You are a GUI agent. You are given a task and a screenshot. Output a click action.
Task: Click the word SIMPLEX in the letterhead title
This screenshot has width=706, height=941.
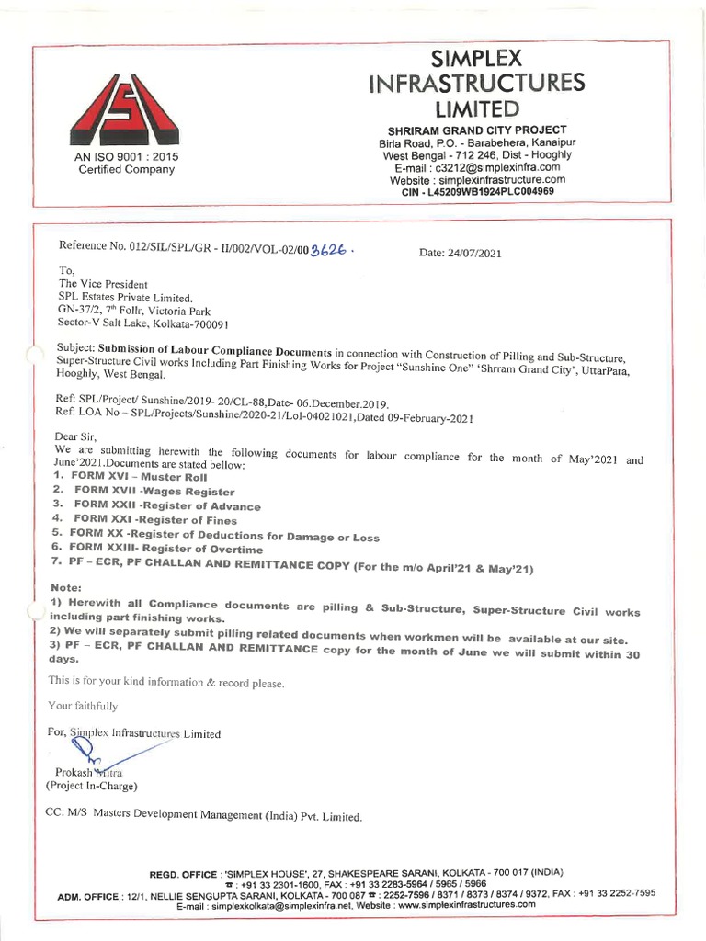[475, 59]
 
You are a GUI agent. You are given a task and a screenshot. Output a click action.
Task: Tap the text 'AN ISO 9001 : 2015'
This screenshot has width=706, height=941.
[127, 157]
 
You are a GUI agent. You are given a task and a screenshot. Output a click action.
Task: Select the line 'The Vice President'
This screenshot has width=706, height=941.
[103, 284]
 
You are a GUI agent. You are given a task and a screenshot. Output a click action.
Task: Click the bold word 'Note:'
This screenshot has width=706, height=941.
[66, 585]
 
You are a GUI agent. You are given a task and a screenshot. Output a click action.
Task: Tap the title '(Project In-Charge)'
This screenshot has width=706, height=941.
[92, 786]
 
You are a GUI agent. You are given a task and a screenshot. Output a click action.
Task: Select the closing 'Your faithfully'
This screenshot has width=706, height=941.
[83, 706]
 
